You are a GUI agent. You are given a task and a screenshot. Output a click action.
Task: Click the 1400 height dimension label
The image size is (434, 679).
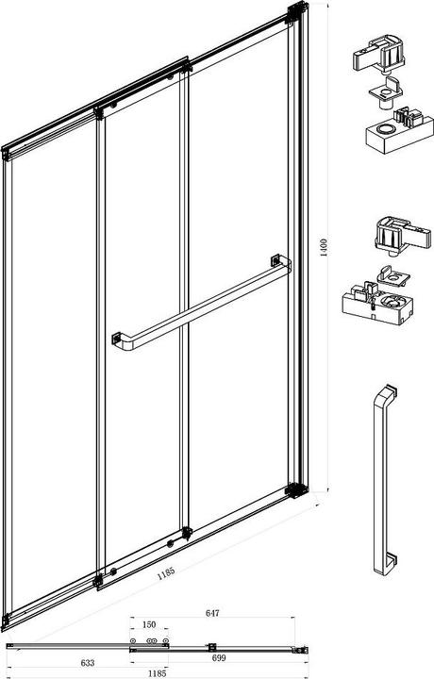tap(324, 247)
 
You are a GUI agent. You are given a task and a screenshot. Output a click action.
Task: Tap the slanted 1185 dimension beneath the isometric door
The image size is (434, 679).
tap(166, 573)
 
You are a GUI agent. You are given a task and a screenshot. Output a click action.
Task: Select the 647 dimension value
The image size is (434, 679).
tap(212, 613)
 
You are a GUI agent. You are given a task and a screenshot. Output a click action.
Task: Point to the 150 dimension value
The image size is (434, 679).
tap(148, 624)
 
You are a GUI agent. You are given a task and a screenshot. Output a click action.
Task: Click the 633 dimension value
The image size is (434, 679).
tap(88, 663)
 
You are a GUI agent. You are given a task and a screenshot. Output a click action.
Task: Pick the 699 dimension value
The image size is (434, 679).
tap(219, 658)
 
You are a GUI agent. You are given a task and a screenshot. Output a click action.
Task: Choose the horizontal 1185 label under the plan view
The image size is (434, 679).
tap(157, 673)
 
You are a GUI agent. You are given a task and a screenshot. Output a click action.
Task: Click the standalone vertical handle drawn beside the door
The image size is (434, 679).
tap(384, 479)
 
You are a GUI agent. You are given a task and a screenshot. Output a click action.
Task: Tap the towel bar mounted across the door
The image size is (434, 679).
tap(202, 303)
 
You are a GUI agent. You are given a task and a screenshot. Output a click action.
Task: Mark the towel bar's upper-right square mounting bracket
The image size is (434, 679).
tap(275, 260)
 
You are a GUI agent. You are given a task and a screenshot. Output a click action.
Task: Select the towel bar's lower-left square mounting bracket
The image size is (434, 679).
tap(116, 338)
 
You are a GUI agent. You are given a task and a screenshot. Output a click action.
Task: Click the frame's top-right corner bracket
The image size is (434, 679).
tap(297, 12)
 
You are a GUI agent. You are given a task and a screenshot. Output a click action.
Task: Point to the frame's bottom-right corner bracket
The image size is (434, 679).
tap(296, 490)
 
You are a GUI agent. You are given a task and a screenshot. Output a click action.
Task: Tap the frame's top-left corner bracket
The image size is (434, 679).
tap(6, 154)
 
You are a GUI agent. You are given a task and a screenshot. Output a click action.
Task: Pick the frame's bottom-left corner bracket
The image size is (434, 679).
tap(6, 621)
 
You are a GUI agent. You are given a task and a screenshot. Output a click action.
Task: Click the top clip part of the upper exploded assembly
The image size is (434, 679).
tap(379, 54)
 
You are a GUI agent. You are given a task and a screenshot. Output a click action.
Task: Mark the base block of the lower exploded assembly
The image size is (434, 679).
tap(377, 304)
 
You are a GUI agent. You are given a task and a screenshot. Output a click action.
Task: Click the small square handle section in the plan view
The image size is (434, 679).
tap(211, 647)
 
